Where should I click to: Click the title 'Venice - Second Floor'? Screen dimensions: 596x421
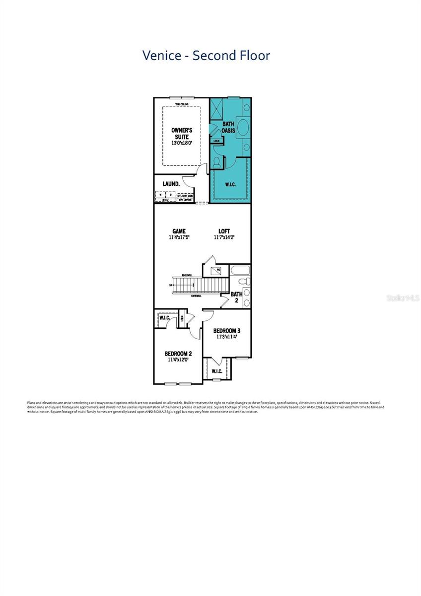(206, 55)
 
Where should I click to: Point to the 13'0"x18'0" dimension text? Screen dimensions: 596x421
(182, 143)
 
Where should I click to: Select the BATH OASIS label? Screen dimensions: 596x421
(228, 127)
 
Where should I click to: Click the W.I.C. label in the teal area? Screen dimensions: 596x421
(230, 184)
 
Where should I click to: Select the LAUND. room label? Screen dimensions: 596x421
(171, 184)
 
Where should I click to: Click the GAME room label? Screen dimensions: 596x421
(179, 231)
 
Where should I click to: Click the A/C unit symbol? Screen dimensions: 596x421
(215, 271)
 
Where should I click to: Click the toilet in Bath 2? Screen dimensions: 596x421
(244, 282)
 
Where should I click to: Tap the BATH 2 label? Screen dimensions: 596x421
(236, 298)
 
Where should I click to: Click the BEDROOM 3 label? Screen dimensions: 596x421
(227, 330)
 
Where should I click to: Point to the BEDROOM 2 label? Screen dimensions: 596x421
(178, 354)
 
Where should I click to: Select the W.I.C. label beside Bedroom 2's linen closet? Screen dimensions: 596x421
(165, 318)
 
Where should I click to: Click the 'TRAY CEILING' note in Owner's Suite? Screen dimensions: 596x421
(182, 104)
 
